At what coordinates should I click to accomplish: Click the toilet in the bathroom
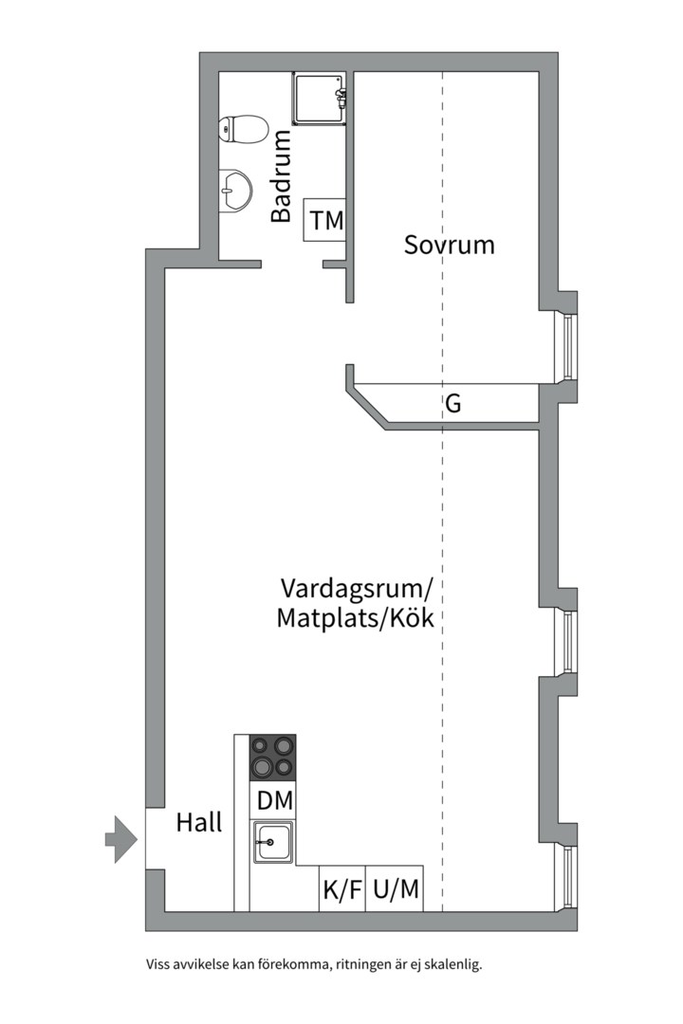coord(243,129)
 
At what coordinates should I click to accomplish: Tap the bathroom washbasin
coord(234,191)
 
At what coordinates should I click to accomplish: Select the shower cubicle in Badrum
coord(319,98)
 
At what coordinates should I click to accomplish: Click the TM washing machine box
coord(324,220)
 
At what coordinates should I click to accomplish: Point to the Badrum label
coord(281,176)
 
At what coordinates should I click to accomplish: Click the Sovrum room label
coord(449,245)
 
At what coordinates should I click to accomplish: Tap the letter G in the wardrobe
coord(452,404)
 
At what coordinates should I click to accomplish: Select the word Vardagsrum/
coord(357,588)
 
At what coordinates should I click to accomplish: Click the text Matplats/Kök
coord(355,618)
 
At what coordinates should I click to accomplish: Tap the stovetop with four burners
coord(272,758)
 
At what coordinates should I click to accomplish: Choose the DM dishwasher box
coord(272,800)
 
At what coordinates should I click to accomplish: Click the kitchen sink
coord(273,843)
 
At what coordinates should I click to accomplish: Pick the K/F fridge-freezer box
coord(342,888)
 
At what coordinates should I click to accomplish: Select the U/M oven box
coord(395,888)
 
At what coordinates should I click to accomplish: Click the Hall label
coord(199,822)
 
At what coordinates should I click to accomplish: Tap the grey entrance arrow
coord(120,839)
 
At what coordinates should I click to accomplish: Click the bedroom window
coord(566,347)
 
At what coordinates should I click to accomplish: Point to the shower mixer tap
coord(341,98)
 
